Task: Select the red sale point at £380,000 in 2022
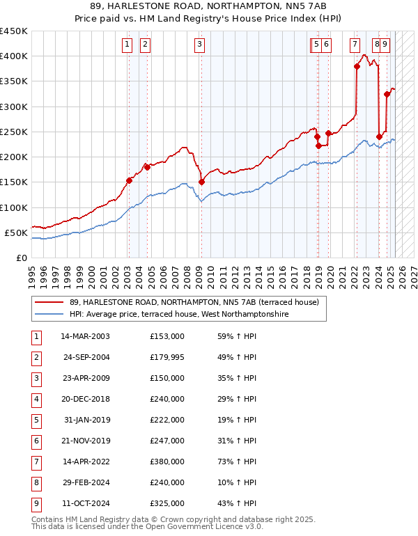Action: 357,66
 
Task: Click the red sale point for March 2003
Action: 129,180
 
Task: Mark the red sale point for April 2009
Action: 201,182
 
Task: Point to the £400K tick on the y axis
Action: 15,56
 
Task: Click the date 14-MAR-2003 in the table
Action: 85,336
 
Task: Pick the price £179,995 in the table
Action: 167,357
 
